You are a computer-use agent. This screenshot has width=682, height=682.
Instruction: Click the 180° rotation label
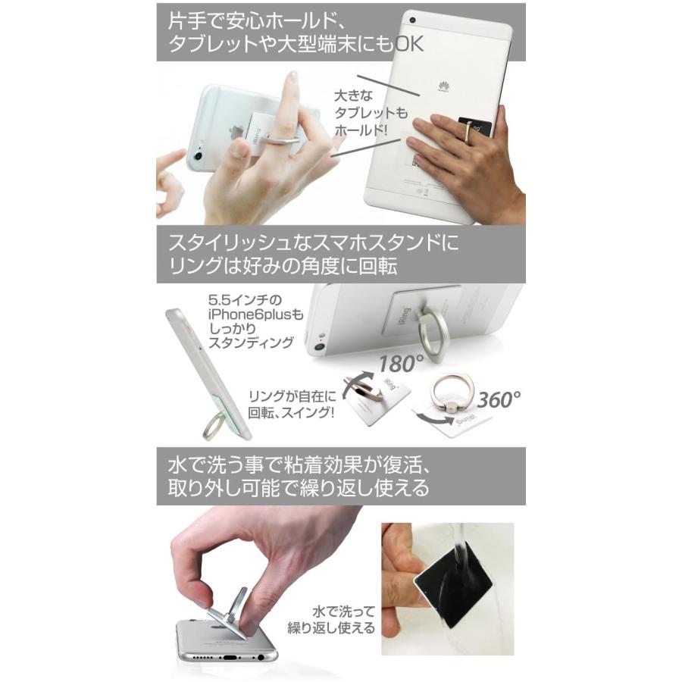[393, 364]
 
